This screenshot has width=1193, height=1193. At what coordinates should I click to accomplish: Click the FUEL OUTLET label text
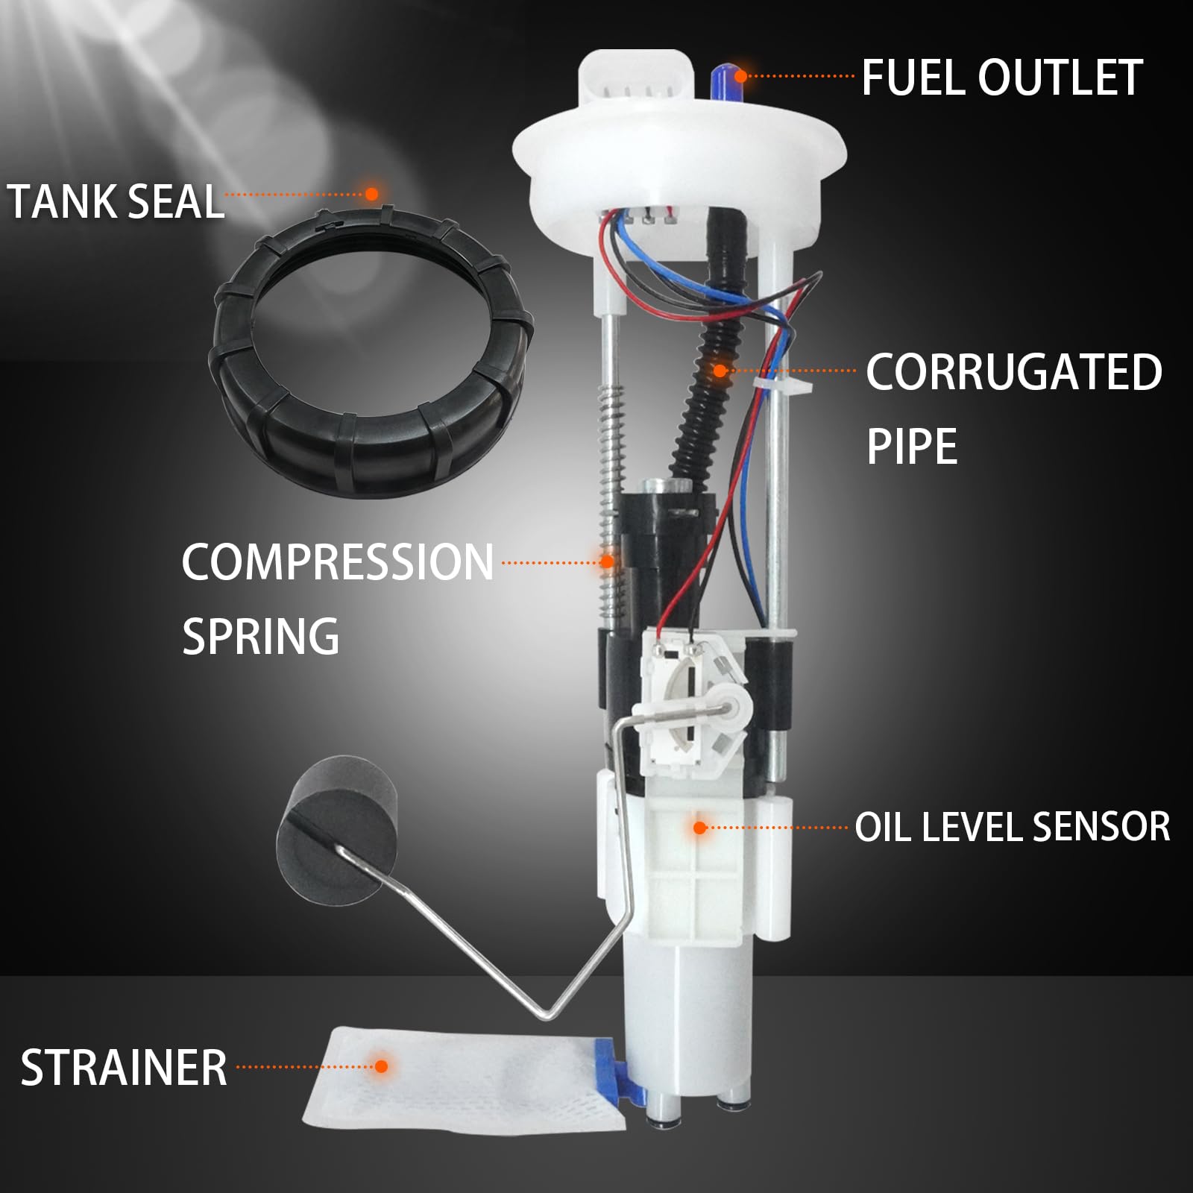(1001, 77)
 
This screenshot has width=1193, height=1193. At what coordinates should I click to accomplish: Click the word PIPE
(911, 446)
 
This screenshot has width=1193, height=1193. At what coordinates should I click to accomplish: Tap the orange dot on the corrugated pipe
(720, 370)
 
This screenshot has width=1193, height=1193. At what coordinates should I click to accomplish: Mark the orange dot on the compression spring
(608, 561)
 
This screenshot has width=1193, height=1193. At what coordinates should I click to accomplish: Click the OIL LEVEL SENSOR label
(1012, 827)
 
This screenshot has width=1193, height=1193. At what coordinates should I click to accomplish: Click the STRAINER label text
(124, 1067)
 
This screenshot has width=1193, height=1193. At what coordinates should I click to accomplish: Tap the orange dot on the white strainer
(381, 1066)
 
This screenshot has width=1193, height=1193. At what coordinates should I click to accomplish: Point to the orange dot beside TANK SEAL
(371, 194)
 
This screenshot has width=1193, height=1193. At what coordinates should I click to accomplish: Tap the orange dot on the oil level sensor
(699, 827)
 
